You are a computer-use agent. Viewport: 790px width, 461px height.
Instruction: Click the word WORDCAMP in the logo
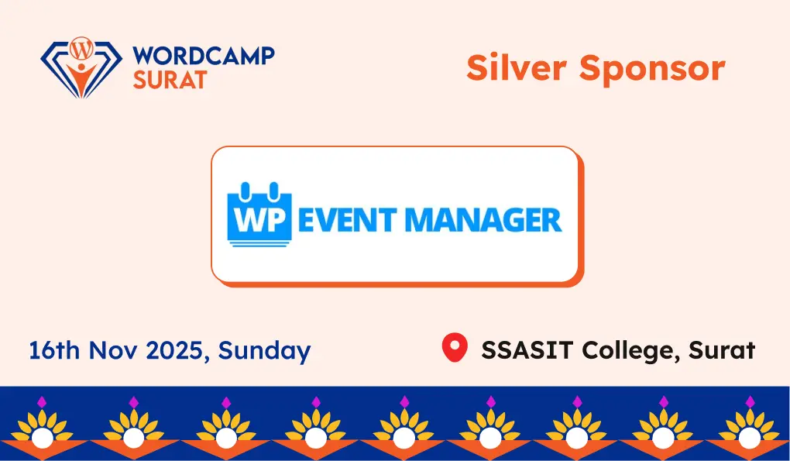204,57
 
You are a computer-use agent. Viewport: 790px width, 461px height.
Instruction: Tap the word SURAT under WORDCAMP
170,78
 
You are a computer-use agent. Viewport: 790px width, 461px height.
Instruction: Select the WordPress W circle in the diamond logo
80,49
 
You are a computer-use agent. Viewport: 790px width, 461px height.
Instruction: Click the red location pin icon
455,348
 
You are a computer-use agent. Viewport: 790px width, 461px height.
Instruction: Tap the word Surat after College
720,350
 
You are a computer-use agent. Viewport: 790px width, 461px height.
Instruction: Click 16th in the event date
54,350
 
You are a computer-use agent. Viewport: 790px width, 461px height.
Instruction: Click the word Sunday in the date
264,350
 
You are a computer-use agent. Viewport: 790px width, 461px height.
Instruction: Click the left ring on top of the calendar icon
246,188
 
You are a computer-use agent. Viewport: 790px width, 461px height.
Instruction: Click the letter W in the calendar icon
249,220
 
